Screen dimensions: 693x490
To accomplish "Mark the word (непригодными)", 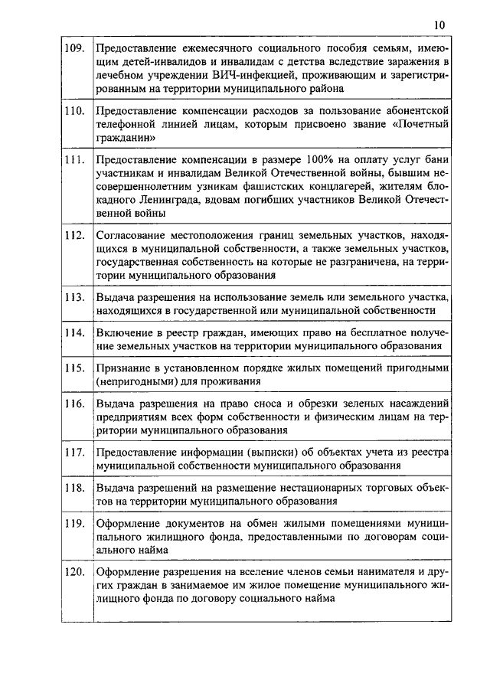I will coord(132,382).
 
